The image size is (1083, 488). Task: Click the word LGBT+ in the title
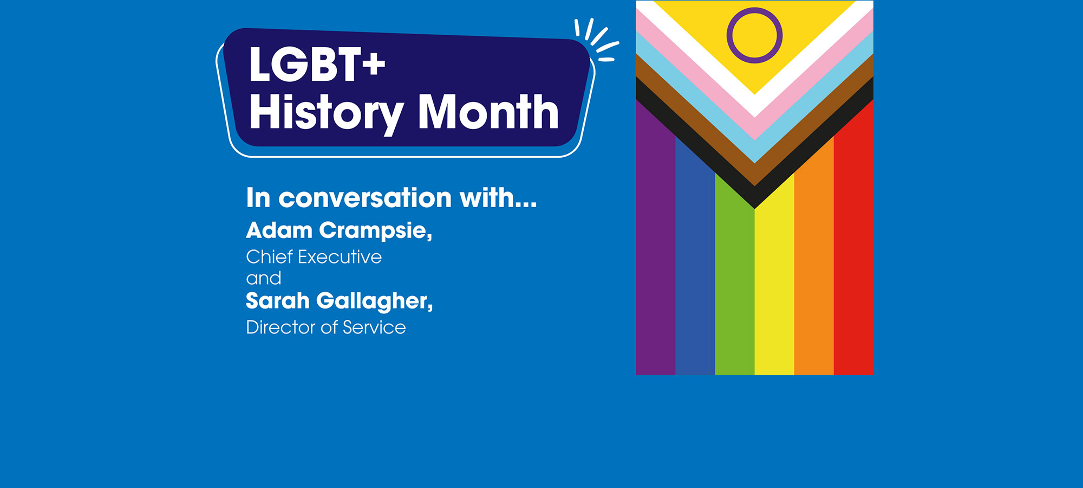317,65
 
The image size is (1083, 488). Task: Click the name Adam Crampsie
338,230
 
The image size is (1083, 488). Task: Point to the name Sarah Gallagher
339,301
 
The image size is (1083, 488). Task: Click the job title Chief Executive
314,257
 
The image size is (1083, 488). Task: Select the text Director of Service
325,328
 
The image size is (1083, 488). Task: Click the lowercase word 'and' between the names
263,278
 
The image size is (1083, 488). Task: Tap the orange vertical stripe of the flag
813,271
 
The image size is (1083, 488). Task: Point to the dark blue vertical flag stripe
695,271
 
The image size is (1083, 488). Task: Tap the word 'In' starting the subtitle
258,198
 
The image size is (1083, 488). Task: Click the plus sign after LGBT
374,65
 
